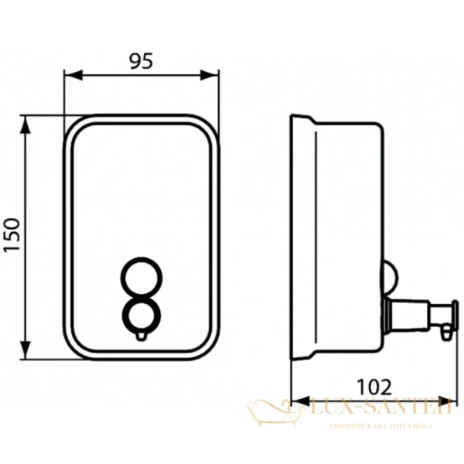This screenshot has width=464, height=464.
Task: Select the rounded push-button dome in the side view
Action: [x=391, y=275]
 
